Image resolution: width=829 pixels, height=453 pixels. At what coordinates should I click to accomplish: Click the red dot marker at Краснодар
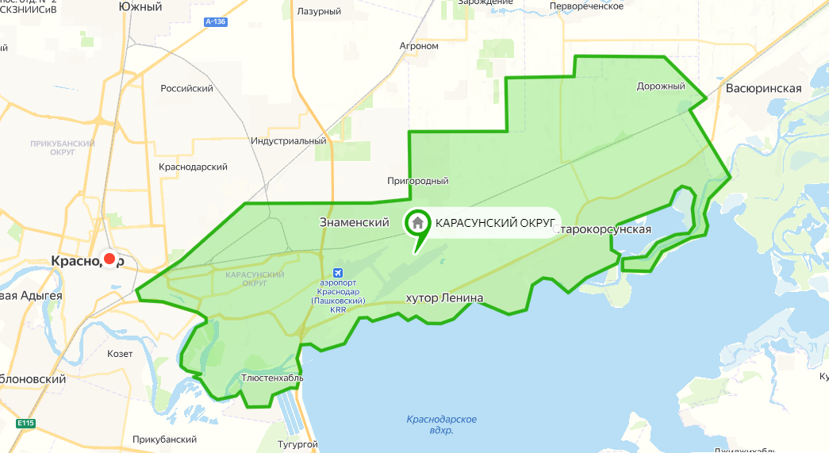[110, 259]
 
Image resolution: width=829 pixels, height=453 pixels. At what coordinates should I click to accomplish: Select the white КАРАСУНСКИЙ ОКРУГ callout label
[493, 224]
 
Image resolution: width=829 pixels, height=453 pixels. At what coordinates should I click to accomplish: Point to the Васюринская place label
[763, 89]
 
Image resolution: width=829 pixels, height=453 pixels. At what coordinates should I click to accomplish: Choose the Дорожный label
[660, 86]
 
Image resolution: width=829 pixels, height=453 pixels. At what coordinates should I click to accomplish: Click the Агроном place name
[419, 46]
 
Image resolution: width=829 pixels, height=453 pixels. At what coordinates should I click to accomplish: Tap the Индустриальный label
[289, 141]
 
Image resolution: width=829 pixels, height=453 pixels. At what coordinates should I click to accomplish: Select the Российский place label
[186, 89]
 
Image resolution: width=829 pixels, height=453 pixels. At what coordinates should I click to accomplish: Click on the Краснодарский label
[193, 167]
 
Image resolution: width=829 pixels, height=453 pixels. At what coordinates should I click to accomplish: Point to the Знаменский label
[354, 223]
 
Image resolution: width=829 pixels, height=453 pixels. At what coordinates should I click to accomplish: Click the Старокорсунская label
[604, 229]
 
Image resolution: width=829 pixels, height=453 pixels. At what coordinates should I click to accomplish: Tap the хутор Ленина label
[444, 298]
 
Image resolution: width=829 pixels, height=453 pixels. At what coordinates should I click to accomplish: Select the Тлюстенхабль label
[272, 378]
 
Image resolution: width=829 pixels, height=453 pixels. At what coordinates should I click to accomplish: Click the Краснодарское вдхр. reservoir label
[441, 424]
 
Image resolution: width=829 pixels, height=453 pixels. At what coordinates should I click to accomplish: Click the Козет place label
[120, 353]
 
